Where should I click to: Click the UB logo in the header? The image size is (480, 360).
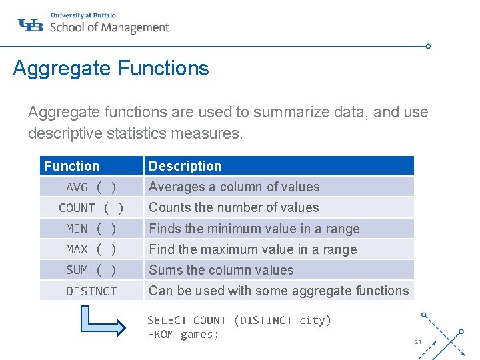[31, 25]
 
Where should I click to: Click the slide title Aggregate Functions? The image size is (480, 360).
[111, 68]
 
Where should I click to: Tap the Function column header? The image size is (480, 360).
[72, 166]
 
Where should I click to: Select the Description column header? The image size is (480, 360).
[185, 166]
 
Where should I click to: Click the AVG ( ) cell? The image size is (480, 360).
[91, 187]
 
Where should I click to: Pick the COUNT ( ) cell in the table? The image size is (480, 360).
[91, 208]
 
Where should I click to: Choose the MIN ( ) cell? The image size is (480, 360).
[91, 229]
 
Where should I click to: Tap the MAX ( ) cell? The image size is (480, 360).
[91, 249]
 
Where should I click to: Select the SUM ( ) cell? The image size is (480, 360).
[91, 270]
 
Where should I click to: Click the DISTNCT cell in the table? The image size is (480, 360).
[91, 291]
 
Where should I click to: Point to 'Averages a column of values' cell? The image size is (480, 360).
[234, 187]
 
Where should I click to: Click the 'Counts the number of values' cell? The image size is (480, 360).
[234, 208]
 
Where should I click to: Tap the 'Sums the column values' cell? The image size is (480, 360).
[221, 270]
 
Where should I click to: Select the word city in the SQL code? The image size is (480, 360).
[312, 321]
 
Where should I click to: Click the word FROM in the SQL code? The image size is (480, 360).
[161, 335]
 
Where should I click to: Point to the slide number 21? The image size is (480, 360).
[418, 342]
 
